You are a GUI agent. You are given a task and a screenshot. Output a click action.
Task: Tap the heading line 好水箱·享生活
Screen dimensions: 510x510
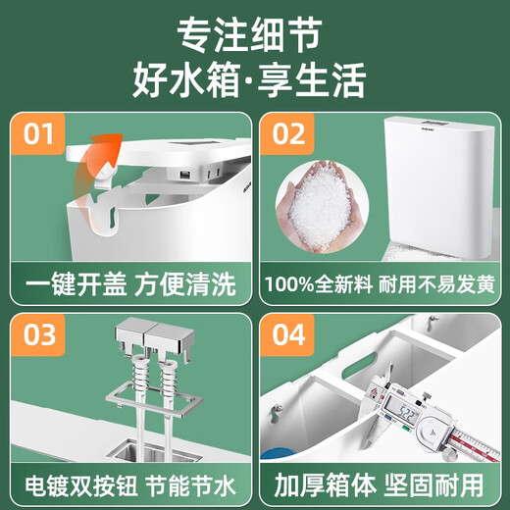tap(254, 79)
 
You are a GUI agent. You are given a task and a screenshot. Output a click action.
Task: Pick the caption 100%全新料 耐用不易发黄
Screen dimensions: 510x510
tap(381, 285)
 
